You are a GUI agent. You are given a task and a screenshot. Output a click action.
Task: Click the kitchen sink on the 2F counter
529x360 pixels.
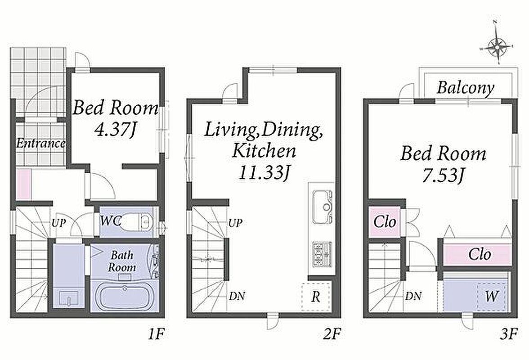(x=323, y=207)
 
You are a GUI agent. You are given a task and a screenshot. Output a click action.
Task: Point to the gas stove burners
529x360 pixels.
(x=322, y=254)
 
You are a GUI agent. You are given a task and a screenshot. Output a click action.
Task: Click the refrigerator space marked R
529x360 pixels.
(x=316, y=297)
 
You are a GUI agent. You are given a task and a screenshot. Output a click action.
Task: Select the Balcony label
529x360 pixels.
(x=465, y=88)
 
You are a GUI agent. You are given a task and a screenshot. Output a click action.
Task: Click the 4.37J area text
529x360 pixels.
(x=115, y=129)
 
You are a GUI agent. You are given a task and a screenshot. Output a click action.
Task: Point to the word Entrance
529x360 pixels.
(x=41, y=144)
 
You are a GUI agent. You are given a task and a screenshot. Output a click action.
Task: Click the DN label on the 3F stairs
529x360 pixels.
(x=413, y=296)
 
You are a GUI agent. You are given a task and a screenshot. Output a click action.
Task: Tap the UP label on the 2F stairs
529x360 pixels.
(x=235, y=223)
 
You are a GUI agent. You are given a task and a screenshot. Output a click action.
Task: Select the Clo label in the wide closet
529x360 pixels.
(x=480, y=254)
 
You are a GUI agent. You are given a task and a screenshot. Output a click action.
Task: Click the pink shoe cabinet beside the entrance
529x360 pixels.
(x=23, y=184)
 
